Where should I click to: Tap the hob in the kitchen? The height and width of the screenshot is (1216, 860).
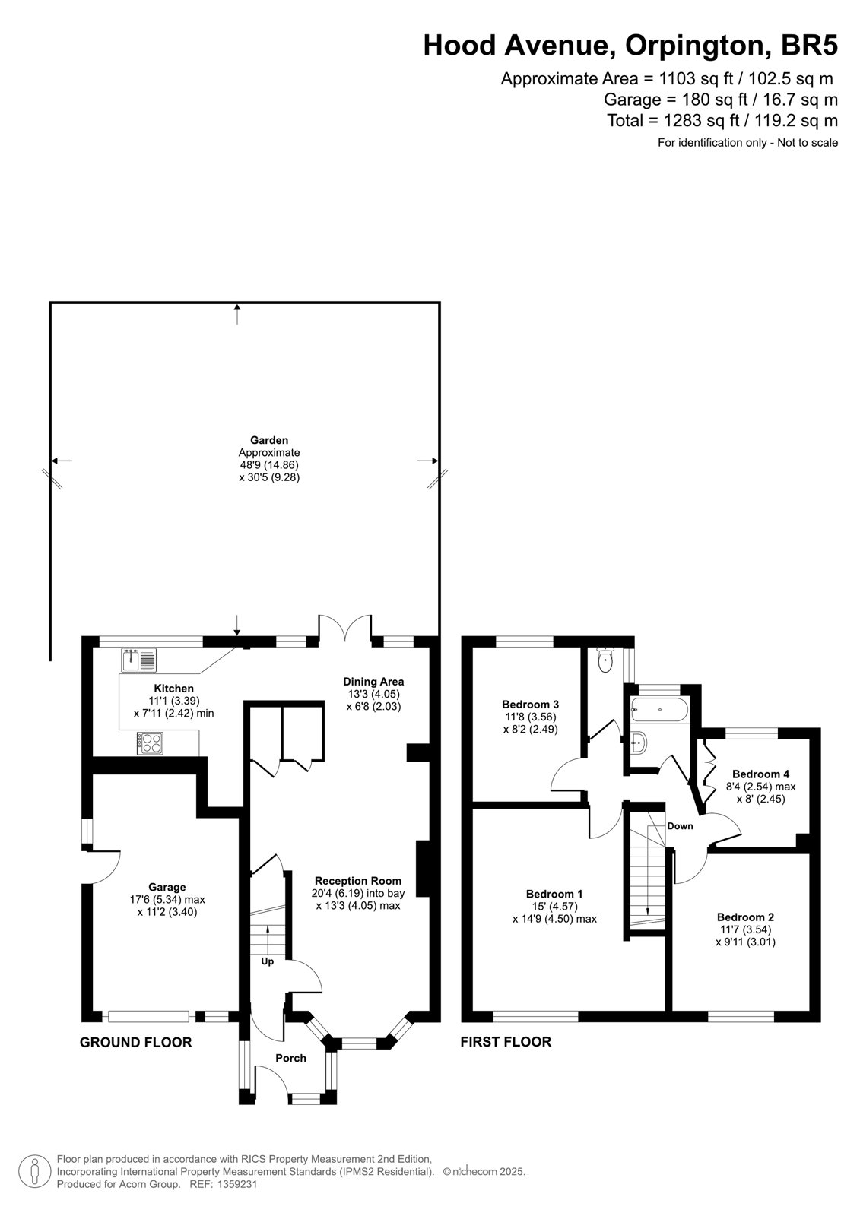point(150,743)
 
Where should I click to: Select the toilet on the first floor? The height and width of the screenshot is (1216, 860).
point(604,660)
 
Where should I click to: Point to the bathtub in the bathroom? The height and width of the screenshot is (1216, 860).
point(659,710)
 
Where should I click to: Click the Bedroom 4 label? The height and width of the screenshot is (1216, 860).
point(760,774)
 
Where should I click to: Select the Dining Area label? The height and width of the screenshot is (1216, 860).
point(373,682)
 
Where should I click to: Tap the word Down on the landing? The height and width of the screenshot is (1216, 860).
point(681,825)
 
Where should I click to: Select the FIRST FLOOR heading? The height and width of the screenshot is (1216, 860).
point(506,1042)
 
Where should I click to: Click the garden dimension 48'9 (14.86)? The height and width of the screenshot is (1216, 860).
point(269,465)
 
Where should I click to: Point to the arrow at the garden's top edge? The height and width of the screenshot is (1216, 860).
point(237,315)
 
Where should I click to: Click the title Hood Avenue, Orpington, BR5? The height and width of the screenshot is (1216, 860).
point(630,45)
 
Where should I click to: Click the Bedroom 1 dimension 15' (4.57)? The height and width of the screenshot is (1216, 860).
point(554,907)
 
